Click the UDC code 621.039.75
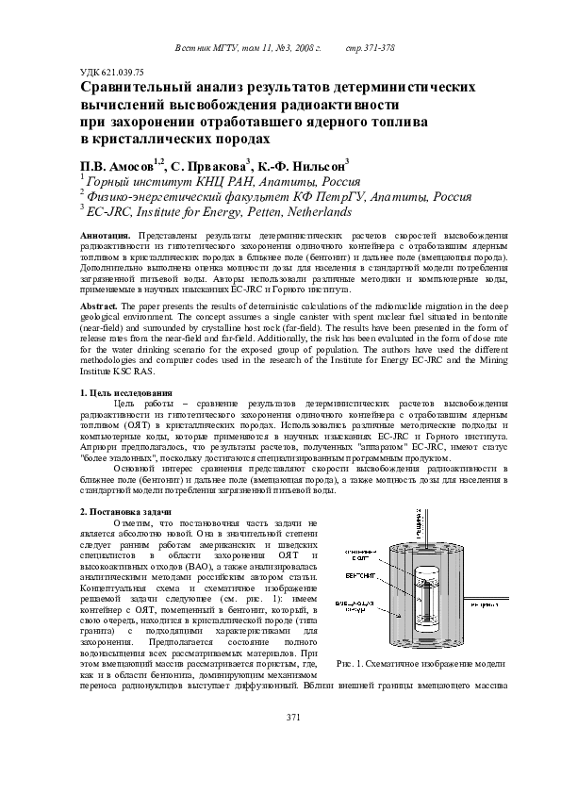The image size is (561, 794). point(111,72)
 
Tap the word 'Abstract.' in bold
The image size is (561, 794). point(102,307)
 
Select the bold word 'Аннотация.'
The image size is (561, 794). point(106,234)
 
